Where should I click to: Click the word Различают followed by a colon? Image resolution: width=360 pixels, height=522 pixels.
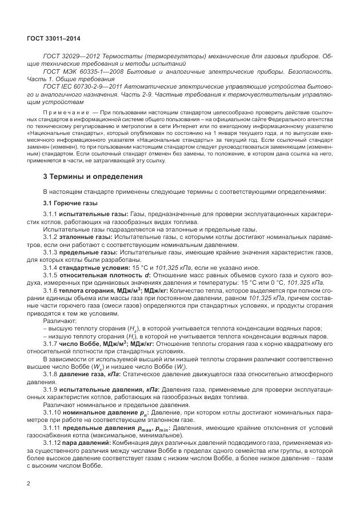[60, 320]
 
